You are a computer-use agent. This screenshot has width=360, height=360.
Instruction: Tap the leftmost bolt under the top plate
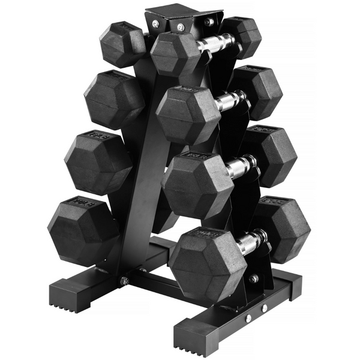tap(155, 24)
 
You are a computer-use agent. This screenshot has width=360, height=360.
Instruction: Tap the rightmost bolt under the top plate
tap(208, 22)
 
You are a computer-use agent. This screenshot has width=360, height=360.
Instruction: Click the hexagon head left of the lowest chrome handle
tap(208, 263)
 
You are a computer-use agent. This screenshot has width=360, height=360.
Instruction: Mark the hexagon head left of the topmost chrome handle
tap(175, 54)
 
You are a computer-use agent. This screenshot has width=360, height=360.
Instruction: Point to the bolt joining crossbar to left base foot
tap(125, 280)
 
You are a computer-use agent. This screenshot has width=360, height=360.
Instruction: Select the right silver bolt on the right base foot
tap(265, 308)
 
